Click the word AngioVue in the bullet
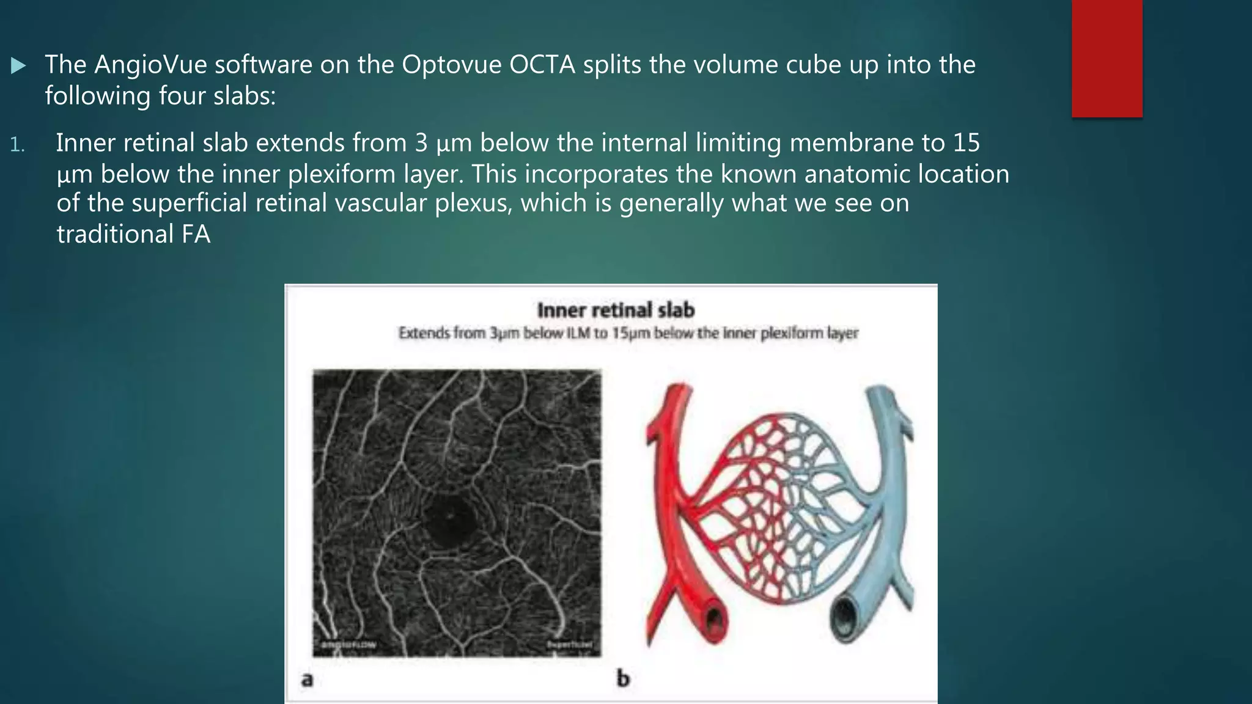pos(150,65)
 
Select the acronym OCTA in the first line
pos(542,65)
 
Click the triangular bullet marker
pos(18,65)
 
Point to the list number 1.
pos(17,145)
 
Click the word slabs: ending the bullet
pos(245,96)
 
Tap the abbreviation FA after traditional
pos(196,235)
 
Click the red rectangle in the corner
pos(1107,58)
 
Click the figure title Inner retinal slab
pos(616,310)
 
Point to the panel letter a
pos(307,679)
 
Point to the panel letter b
pos(623,679)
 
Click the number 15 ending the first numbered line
pos(966,143)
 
